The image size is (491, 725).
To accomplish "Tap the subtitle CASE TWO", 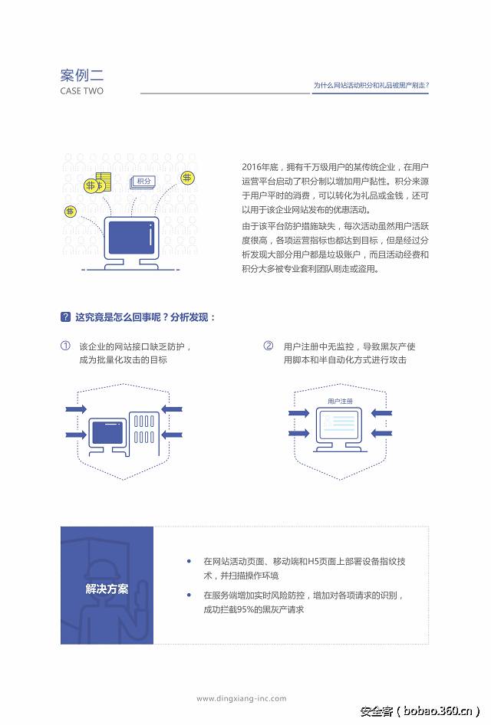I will (82, 91).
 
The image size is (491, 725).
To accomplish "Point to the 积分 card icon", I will (142, 182).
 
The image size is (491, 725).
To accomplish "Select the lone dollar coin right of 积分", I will (187, 178).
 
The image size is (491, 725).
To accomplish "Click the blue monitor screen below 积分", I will (131, 239).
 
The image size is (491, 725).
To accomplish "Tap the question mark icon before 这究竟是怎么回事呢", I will (65, 317).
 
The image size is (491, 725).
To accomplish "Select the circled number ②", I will (269, 346).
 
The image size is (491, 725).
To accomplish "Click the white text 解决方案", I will (107, 589).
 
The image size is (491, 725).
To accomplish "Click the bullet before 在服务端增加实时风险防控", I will (189, 595).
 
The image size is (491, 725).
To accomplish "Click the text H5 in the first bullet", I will (315, 562).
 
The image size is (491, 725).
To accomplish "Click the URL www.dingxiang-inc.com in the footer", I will (241, 698).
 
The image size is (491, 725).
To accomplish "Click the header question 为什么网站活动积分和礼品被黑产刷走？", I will (371, 85).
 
